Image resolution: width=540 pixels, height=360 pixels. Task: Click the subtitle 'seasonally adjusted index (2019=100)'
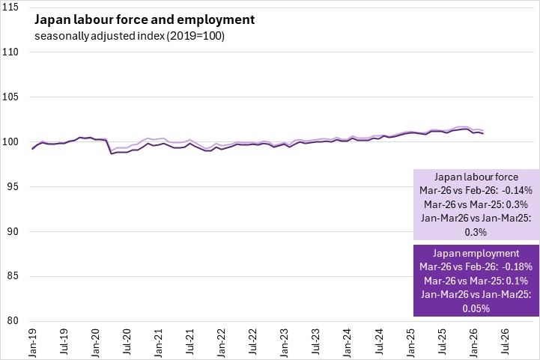[x=130, y=36]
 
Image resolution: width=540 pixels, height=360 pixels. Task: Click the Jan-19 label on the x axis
[x=33, y=340]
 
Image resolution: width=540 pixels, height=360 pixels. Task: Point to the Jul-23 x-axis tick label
[x=318, y=340]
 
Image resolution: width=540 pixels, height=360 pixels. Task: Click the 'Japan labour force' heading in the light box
[x=476, y=177]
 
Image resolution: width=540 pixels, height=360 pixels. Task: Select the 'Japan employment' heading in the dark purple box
[x=476, y=253]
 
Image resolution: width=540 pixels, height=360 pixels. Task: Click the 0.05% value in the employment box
[x=476, y=308]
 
